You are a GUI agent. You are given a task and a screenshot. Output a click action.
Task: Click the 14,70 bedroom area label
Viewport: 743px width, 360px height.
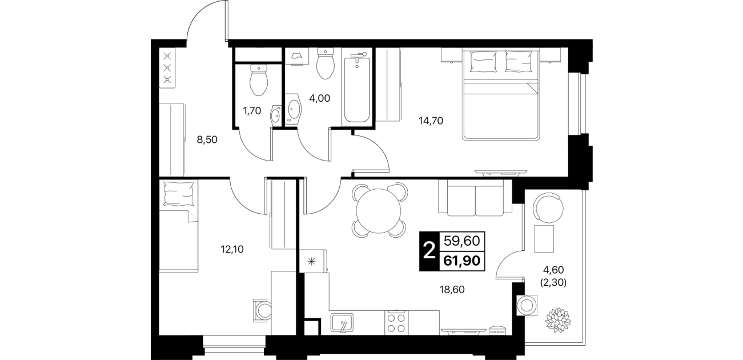click(x=431, y=121)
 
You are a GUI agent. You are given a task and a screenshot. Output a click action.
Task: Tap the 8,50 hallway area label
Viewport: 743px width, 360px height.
click(x=207, y=139)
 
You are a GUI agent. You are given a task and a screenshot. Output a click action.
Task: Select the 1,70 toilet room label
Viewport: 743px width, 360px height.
click(x=252, y=111)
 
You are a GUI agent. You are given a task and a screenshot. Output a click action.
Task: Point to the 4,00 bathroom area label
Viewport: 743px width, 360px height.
click(x=319, y=98)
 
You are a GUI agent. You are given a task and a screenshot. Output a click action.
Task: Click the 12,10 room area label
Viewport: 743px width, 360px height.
click(x=232, y=249)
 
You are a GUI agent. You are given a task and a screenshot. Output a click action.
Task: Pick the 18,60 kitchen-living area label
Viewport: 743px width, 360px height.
click(x=452, y=290)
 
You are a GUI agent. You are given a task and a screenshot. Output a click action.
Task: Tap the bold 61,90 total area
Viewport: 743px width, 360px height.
click(x=462, y=261)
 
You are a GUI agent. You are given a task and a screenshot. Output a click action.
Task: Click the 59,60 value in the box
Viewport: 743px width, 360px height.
click(x=462, y=241)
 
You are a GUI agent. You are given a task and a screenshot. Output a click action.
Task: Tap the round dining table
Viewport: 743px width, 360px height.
click(x=379, y=210)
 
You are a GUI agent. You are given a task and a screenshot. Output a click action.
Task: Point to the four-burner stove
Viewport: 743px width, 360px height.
click(x=397, y=322)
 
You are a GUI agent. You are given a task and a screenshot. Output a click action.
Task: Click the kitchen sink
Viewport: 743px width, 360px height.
click(x=342, y=322)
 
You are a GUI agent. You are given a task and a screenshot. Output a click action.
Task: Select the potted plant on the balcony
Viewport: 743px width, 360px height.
click(x=558, y=320)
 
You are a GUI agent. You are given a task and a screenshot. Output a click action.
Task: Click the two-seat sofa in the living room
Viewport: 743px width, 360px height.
click(x=475, y=198)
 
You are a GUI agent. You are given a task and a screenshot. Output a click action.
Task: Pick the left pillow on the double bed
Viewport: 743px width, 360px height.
click(x=483, y=61)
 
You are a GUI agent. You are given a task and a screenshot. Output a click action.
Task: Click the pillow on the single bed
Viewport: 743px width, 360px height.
click(x=179, y=194)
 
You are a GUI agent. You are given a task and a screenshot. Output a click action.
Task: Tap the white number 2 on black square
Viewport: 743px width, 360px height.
click(x=430, y=251)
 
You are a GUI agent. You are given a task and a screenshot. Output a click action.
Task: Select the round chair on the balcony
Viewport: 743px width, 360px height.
click(x=548, y=209)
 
